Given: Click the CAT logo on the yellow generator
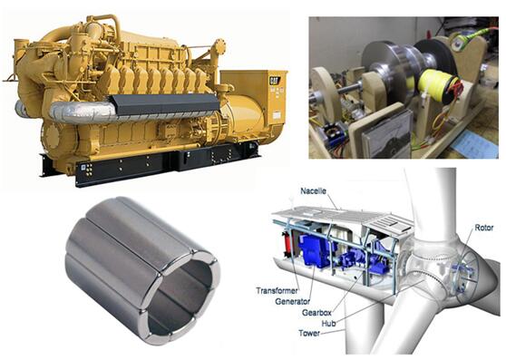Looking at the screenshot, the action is point(275,81).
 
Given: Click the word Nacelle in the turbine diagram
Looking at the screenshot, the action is point(314,191).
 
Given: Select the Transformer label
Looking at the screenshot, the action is point(277,291).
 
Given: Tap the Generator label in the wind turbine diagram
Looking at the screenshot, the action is point(292,302).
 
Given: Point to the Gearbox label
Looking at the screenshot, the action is point(316,313).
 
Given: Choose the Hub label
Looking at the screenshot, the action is point(328,323).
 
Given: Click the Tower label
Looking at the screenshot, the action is point(309,333).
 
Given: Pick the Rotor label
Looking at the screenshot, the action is point(484,228).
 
